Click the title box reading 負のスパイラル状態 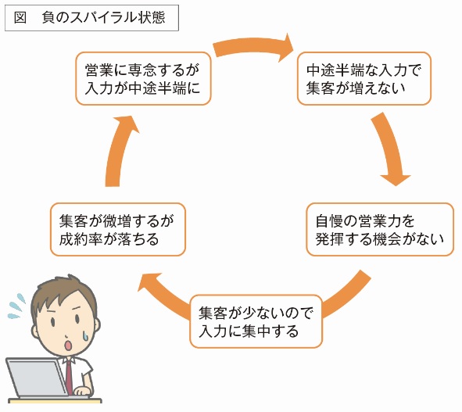pyautogui.click(x=91, y=18)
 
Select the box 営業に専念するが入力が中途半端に pyautogui.click(x=143, y=79)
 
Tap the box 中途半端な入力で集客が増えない pyautogui.click(x=364, y=79)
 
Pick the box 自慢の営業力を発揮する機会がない pyautogui.click(x=380, y=229)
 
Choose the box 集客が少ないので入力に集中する pyautogui.click(x=256, y=321)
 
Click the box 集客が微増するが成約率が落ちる pyautogui.click(x=118, y=229)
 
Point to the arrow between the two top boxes pyautogui.click(x=252, y=47)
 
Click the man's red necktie pyautogui.click(x=69, y=377)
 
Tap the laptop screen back pyautogui.click(x=37, y=378)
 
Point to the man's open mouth pyautogui.click(x=68, y=345)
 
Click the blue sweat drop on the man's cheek pyautogui.click(x=86, y=335)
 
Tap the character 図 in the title pyautogui.click(x=20, y=18)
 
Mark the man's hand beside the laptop pyautogui.click(x=81, y=391)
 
